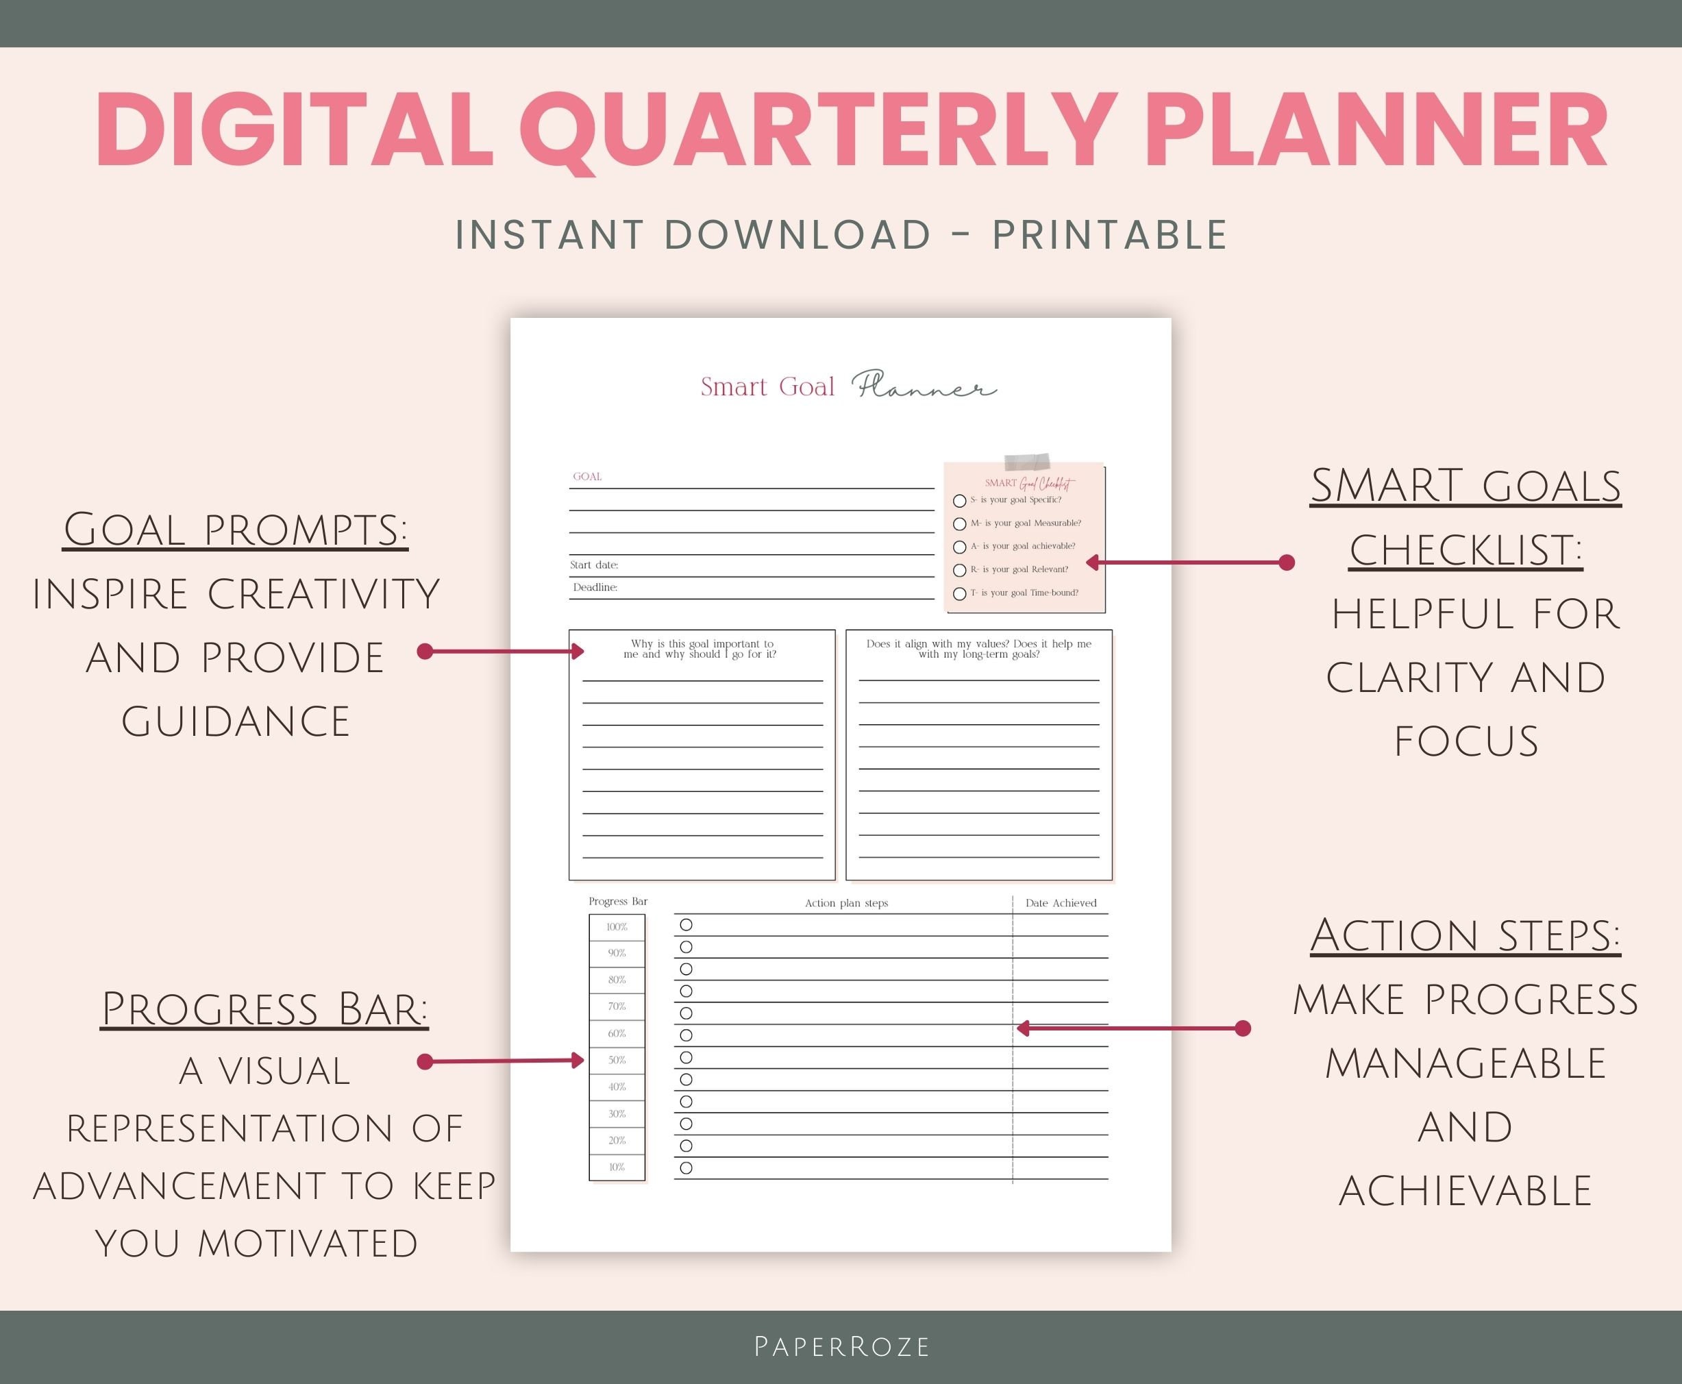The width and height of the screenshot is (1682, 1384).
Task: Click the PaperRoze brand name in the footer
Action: point(842,1346)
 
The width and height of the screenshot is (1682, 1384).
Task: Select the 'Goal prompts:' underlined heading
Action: point(235,530)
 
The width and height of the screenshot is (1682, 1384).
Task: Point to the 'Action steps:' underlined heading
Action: point(1465,935)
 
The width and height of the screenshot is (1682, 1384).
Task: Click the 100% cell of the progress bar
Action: point(617,927)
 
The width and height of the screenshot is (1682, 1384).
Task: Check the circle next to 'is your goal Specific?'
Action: point(960,501)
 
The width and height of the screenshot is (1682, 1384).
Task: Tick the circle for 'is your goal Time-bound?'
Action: point(960,594)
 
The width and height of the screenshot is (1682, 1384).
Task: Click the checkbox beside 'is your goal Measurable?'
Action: point(960,523)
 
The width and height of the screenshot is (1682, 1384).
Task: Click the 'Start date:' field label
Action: point(594,565)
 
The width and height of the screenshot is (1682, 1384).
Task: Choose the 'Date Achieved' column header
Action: point(1060,903)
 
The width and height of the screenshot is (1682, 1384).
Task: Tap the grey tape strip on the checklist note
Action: point(1027,462)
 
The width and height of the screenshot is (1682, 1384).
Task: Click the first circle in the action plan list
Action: point(687,925)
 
